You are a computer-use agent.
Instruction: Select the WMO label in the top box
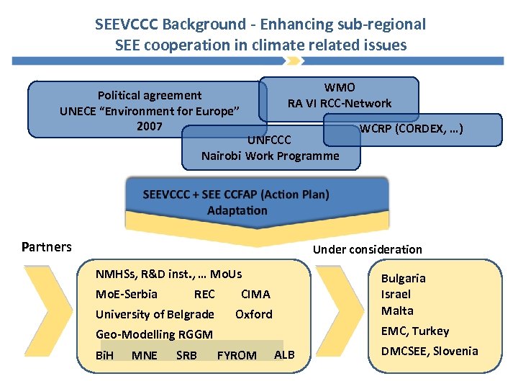(340, 88)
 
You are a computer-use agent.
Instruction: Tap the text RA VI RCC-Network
(340, 103)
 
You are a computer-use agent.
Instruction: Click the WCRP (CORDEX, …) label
(411, 130)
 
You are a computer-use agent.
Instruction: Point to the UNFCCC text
(269, 140)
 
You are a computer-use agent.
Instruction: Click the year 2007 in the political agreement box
(149, 126)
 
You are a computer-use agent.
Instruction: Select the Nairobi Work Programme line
(270, 156)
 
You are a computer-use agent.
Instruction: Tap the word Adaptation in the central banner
(237, 210)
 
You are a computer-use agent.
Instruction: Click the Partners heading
(47, 247)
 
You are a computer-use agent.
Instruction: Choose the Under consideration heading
(367, 249)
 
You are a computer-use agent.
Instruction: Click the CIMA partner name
(255, 294)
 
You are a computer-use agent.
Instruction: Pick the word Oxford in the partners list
(254, 314)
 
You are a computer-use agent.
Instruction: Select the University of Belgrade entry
(155, 314)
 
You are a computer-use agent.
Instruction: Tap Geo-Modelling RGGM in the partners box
(154, 334)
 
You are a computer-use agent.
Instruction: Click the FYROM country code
(237, 355)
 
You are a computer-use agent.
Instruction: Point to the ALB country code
(284, 354)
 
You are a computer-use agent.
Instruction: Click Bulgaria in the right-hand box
(403, 278)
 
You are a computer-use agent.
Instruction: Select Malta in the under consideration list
(397, 310)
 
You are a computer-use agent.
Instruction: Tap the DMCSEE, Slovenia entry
(430, 351)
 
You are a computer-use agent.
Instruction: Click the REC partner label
(204, 294)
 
